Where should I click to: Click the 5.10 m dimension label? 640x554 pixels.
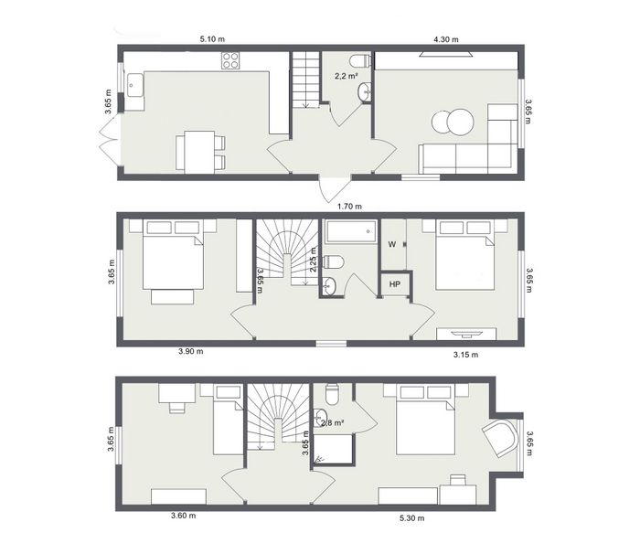click(212, 39)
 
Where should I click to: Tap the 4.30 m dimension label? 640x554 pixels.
click(446, 39)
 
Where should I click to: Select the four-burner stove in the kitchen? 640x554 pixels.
click(230, 60)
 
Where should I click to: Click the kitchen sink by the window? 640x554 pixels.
click(134, 85)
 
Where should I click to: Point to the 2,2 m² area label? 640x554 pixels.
click(347, 76)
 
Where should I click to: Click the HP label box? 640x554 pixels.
click(395, 284)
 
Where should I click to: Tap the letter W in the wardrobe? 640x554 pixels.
click(392, 244)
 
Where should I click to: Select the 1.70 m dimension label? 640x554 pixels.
click(349, 207)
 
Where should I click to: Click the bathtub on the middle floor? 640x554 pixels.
click(351, 232)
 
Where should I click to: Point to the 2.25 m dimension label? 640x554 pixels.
click(314, 260)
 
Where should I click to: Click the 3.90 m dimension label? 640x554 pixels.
click(190, 351)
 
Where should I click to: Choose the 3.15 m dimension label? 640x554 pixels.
click(465, 355)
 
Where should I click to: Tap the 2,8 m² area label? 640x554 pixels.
click(332, 423)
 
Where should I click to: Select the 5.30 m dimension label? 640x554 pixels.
click(411, 518)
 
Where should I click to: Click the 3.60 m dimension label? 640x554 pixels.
click(183, 516)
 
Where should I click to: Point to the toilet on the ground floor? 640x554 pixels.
click(360, 61)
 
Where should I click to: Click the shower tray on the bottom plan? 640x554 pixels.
click(332, 449)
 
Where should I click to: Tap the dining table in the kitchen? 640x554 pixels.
click(199, 152)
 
